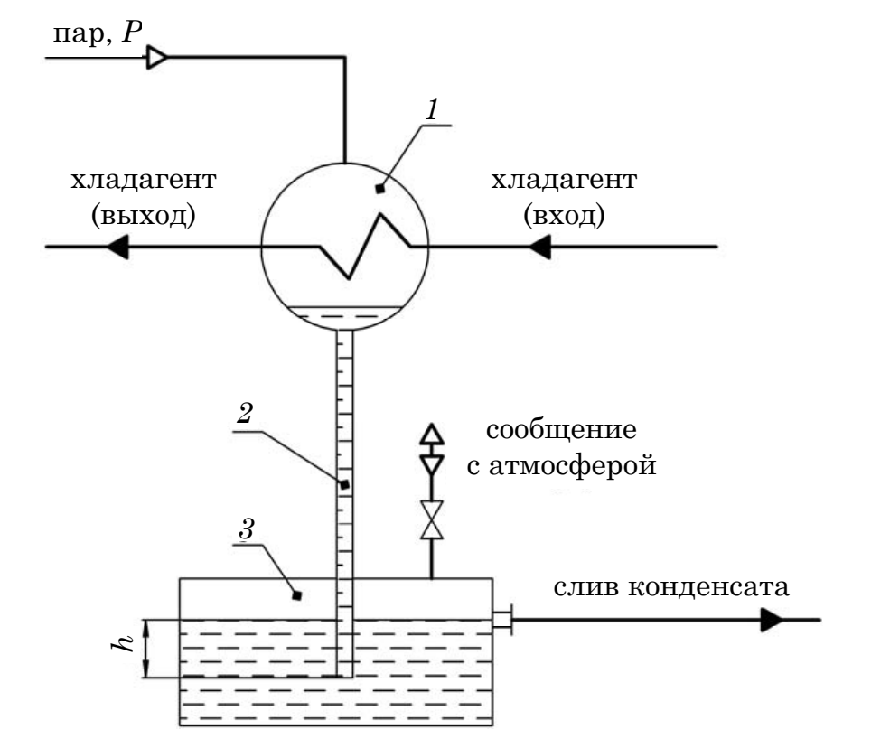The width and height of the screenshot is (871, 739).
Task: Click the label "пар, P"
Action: (x=98, y=33)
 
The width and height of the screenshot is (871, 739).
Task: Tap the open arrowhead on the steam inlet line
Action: (x=156, y=57)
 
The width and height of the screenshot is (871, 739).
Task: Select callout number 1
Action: (x=432, y=109)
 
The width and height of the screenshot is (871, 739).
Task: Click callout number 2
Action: (x=245, y=413)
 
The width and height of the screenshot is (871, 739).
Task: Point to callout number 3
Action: (x=246, y=529)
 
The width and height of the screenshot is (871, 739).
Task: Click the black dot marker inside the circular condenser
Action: (x=380, y=189)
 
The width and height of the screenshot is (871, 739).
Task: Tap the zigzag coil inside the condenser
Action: (x=364, y=246)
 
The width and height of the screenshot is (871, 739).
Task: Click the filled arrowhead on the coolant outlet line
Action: (x=117, y=247)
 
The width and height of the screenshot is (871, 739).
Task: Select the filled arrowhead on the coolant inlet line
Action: (x=539, y=247)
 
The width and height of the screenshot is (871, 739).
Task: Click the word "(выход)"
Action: (x=144, y=215)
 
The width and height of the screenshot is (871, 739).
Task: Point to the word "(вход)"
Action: (x=564, y=215)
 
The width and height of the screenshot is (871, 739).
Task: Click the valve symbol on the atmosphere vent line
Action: (x=432, y=520)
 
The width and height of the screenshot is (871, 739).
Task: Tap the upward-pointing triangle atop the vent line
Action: (x=432, y=433)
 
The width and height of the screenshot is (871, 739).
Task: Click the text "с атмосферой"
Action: (x=561, y=465)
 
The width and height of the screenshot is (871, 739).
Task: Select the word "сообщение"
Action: (x=561, y=430)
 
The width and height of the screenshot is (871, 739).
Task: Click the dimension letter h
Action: (x=123, y=642)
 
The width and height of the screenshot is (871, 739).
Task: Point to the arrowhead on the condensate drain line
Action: (x=772, y=620)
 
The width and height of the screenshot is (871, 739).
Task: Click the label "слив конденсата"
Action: (x=671, y=587)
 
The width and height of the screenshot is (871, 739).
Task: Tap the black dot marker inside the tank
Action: (x=297, y=595)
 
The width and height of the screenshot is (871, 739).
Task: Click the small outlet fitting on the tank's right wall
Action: (x=502, y=620)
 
